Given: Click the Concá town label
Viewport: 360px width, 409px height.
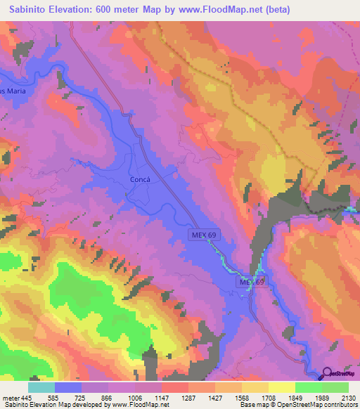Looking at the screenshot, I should (141, 179).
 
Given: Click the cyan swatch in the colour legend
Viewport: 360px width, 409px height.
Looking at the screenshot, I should (41, 387).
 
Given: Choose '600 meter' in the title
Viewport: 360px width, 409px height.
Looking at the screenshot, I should (122, 10).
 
